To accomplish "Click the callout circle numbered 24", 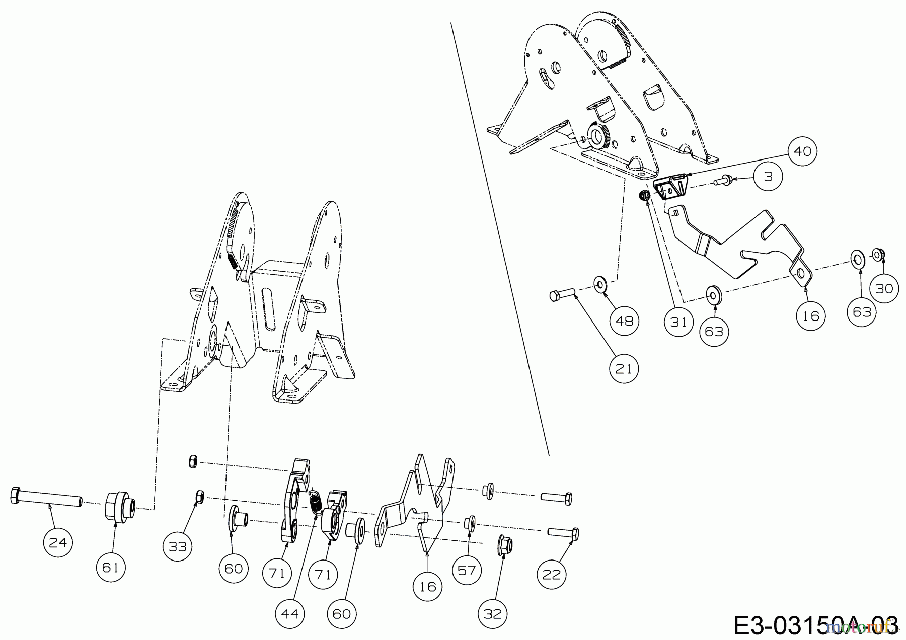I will point(58,542).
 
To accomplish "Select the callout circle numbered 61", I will point(110,568).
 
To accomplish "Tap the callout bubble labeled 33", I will point(178,546).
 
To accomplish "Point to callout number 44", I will point(290,614).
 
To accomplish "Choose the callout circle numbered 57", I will point(467,571).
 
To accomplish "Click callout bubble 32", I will point(493,614).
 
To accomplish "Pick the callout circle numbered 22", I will point(552,574).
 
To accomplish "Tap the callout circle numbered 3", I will point(768,177).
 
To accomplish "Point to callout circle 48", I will point(624,320).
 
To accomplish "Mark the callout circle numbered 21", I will point(624,369).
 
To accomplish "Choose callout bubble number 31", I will point(678,321).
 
